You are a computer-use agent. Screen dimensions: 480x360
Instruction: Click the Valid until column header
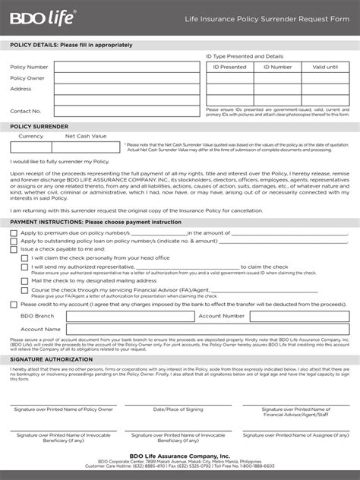(x=325, y=67)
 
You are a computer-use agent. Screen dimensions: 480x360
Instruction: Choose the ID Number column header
(x=277, y=67)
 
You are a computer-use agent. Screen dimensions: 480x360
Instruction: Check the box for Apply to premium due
(x=14, y=233)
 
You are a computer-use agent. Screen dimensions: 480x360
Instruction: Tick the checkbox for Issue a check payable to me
(x=14, y=249)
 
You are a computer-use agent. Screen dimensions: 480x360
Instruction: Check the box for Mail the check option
(x=25, y=280)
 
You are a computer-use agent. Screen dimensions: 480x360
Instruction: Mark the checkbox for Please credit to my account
(x=14, y=304)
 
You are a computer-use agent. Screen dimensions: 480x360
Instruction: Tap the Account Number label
(x=222, y=315)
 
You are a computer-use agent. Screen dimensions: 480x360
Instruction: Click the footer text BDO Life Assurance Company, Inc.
(x=180, y=456)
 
